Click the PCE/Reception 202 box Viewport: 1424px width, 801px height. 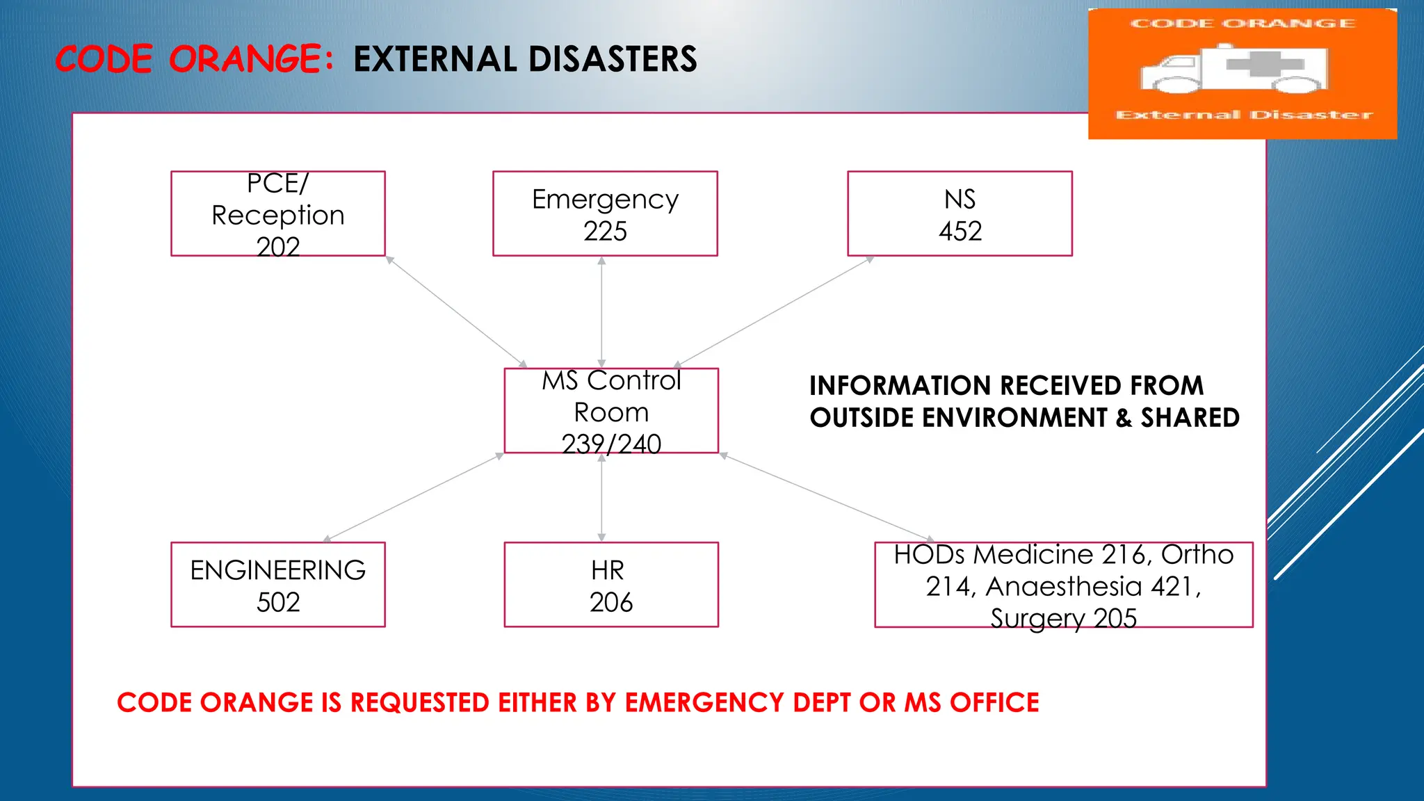(278, 214)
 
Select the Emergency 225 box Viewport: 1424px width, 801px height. (605, 214)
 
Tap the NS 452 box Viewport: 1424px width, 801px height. (960, 214)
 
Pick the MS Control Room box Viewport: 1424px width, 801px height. (611, 411)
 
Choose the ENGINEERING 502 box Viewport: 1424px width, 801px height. (278, 585)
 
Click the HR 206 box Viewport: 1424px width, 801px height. (611, 585)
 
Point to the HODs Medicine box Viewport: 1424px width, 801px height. (1063, 585)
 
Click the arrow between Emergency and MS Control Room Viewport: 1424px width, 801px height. (601, 311)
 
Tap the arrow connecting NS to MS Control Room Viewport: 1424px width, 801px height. (774, 311)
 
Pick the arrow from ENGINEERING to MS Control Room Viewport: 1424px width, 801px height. (414, 496)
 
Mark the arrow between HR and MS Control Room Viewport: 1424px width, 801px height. (601, 498)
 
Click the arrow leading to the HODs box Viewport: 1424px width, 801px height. (827, 498)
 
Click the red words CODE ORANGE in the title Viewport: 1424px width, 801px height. (189, 59)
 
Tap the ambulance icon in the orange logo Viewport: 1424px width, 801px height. (1233, 70)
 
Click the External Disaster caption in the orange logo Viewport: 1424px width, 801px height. (1244, 115)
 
